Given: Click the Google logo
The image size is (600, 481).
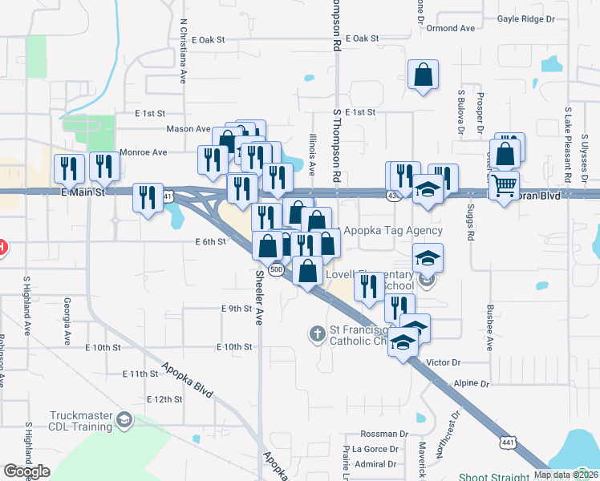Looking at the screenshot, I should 26,472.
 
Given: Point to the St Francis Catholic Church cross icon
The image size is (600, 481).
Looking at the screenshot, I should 317,333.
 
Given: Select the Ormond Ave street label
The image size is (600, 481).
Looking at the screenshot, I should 451,28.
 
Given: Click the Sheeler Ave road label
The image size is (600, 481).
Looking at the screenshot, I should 259,297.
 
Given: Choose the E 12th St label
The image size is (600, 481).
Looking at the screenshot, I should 165,399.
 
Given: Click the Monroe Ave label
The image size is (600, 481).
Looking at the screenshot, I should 143,152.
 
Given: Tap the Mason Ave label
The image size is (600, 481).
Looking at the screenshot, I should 188,129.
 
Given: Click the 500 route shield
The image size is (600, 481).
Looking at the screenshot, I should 277,271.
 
